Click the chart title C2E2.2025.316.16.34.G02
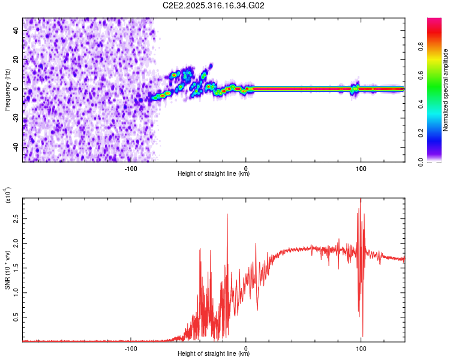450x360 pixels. tap(214, 6)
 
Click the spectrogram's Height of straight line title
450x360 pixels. tap(214, 174)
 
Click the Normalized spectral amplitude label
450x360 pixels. tap(445, 90)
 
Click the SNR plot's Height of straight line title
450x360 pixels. tap(214, 354)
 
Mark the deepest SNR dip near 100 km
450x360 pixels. tap(362, 337)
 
